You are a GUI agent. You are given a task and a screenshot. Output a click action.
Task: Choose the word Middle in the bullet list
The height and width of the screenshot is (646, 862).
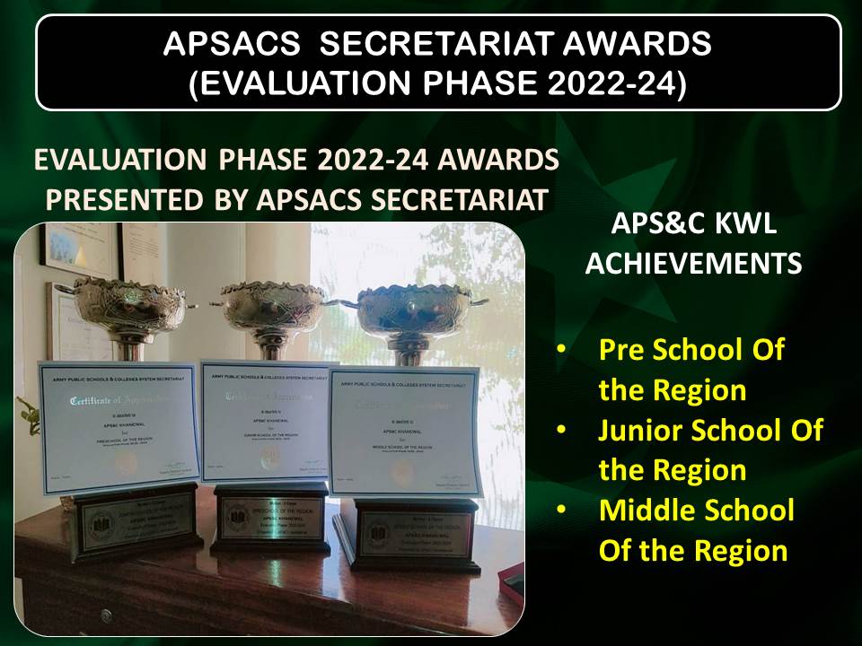pyautogui.click(x=646, y=510)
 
